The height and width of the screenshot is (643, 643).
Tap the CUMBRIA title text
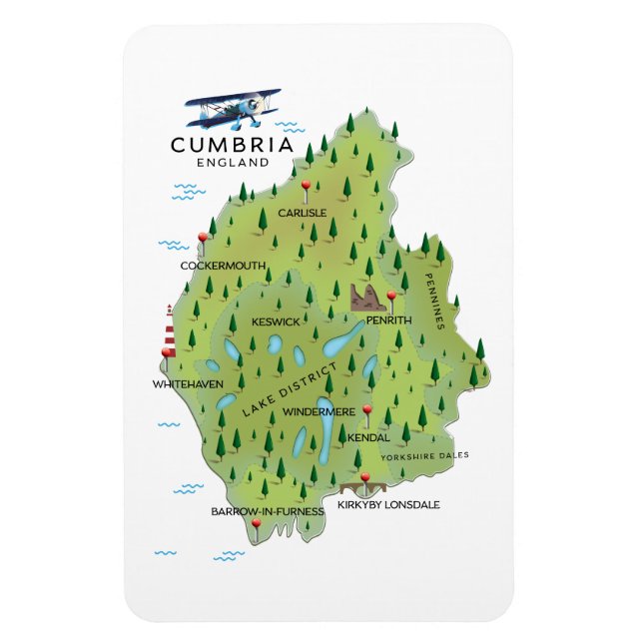[232, 145]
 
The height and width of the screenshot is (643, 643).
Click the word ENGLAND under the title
[234, 162]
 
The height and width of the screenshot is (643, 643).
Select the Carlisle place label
[302, 213]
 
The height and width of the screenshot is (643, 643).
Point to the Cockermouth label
[223, 266]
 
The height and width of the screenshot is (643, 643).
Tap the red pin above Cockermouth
[203, 238]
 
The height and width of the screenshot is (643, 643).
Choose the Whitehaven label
[188, 383]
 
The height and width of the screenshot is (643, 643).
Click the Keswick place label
[276, 321]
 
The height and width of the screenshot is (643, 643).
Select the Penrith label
[388, 321]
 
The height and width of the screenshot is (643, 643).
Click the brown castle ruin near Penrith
[365, 297]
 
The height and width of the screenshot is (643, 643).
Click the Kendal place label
[368, 437]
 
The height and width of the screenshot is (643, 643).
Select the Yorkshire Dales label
[423, 455]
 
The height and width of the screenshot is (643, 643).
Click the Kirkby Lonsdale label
[388, 505]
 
